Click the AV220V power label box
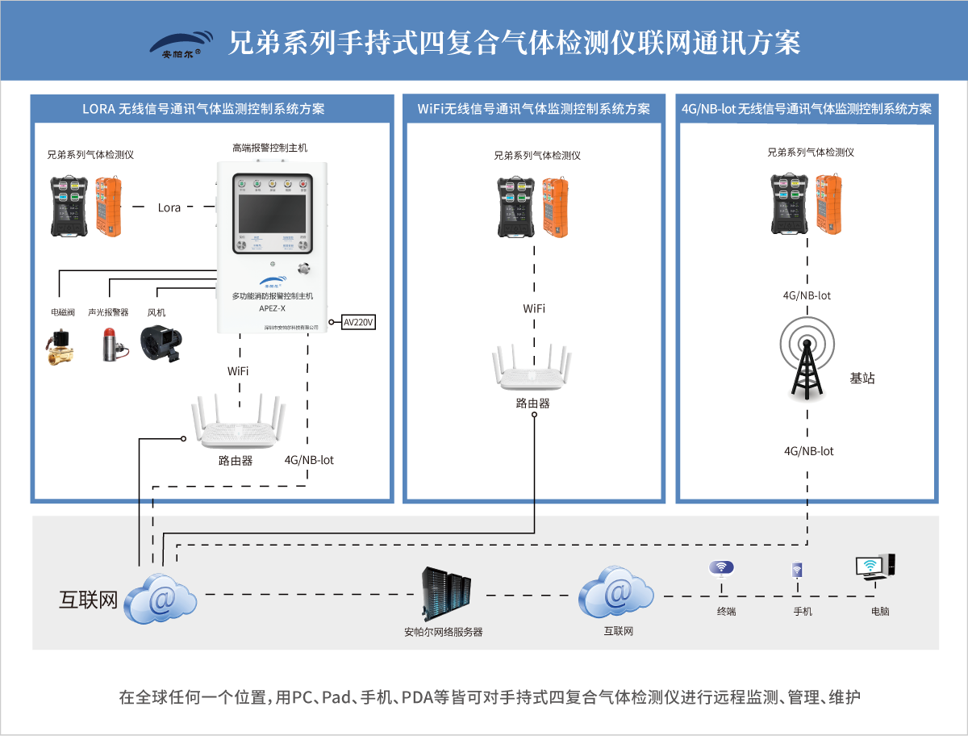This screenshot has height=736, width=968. pos(359,322)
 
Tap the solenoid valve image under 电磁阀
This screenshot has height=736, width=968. pos(60,346)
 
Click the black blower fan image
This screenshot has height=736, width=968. pos(162,342)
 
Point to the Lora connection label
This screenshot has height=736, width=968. pos(169,207)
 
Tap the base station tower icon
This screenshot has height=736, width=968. pos(807,358)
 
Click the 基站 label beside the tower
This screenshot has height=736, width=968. pos(862,378)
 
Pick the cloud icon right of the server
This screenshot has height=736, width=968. pos(617,593)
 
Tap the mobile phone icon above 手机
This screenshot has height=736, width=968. pos(797,571)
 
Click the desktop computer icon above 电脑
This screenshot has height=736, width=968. pos(874,568)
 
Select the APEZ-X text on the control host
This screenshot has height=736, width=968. pos(272,307)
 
